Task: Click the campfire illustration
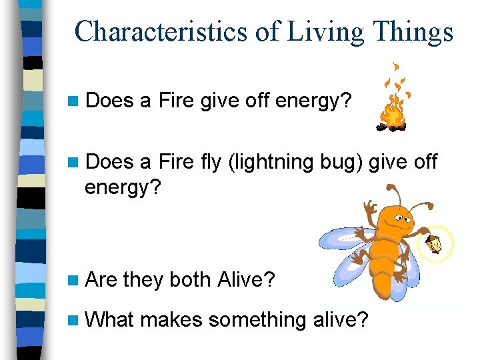(393, 107)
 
